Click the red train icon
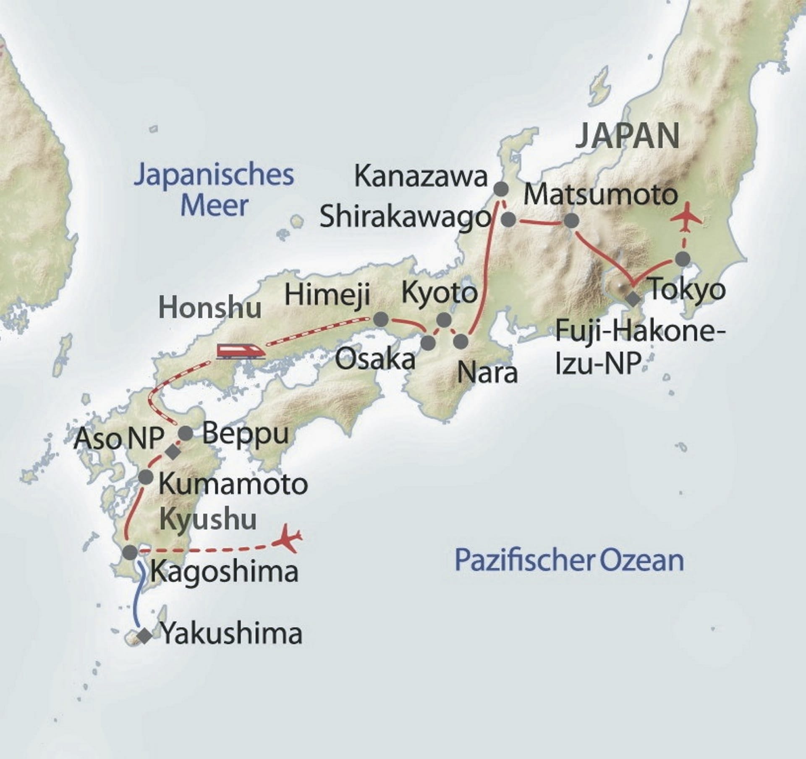[x=241, y=351]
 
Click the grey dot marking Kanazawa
[x=501, y=189]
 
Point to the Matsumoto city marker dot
[x=571, y=221]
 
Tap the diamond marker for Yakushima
[x=145, y=636]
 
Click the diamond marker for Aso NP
[x=172, y=452]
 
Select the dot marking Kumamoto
[x=146, y=477]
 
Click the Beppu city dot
[x=186, y=433]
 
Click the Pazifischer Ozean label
[x=569, y=560]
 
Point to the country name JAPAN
[x=627, y=136]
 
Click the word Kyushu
[x=208, y=519]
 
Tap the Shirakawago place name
[x=405, y=218]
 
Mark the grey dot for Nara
[x=461, y=341]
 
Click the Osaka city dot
[x=428, y=343]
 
